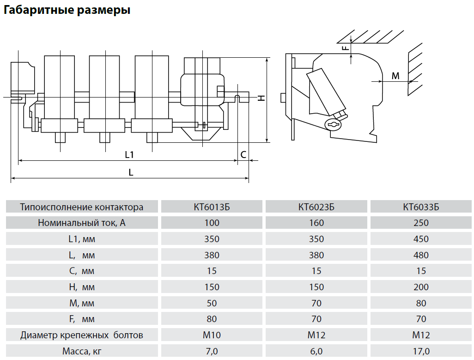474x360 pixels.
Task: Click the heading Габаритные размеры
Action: pos(67,10)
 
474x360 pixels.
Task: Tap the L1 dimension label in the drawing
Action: pos(129,155)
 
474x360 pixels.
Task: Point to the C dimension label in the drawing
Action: pos(243,155)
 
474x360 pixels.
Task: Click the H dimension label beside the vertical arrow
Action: pos(261,98)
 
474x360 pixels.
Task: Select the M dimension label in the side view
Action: pos(395,76)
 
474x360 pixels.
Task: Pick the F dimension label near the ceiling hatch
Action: pos(345,48)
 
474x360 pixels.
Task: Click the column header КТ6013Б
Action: pos(212,207)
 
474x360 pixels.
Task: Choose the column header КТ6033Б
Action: pos(421,207)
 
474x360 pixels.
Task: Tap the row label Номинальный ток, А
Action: pos(82,223)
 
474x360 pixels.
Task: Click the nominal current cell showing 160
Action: pos(316,223)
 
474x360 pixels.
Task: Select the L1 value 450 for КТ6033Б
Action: pos(421,239)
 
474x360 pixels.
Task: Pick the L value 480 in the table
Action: pos(421,255)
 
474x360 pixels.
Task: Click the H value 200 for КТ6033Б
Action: pos(421,287)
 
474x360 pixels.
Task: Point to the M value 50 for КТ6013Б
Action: pos(212,303)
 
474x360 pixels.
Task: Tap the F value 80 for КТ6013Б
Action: pos(212,319)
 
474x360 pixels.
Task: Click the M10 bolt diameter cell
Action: pos(212,335)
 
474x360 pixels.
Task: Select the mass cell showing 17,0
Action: pos(421,351)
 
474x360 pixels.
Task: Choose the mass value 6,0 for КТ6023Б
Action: pos(316,351)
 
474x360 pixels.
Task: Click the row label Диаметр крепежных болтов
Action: pos(82,335)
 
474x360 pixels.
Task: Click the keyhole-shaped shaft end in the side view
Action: pos(333,124)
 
